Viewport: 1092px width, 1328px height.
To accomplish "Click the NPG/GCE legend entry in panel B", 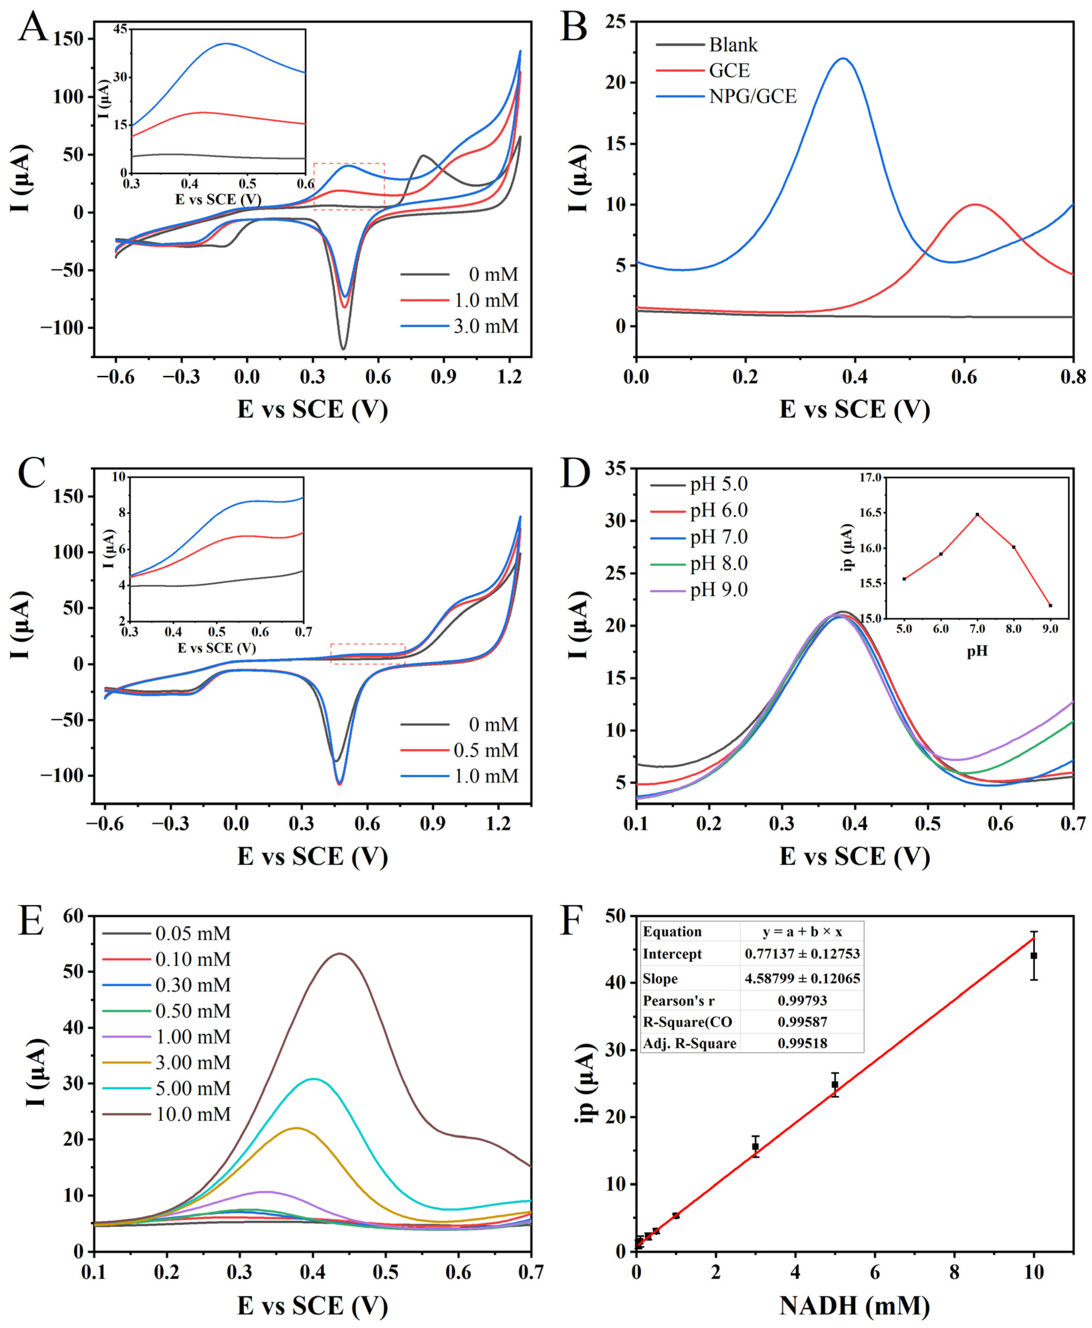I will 752,96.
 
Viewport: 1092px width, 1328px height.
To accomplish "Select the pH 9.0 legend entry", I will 718,590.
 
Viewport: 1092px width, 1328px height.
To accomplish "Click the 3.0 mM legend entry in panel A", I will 486,326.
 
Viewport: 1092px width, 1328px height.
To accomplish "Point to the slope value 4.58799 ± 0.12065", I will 802,978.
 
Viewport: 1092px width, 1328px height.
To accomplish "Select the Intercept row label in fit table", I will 672,954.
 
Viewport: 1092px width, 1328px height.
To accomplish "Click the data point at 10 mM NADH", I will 1033,955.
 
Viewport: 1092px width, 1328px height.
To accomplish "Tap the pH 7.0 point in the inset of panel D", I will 977,515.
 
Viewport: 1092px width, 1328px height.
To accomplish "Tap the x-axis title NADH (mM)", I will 854,1306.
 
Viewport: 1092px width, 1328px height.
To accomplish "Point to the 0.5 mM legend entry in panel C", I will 486,750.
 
